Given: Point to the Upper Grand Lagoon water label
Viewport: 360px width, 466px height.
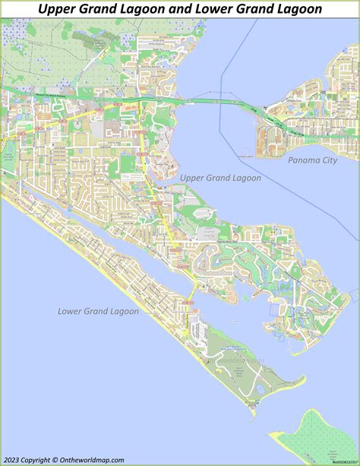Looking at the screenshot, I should (220, 178).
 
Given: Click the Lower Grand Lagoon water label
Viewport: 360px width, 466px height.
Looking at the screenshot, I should (98, 311).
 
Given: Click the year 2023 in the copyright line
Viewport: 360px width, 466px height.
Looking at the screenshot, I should (14, 459).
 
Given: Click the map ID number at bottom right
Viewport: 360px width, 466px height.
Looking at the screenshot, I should (340, 460).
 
